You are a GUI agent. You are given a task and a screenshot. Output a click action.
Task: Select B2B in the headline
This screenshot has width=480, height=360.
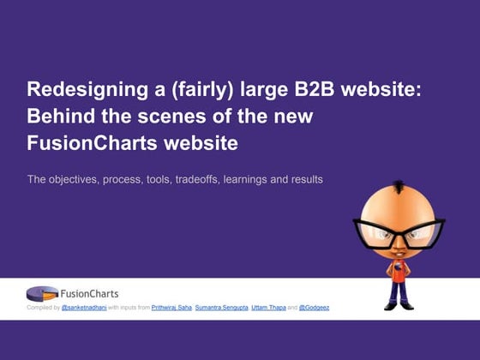tap(315, 89)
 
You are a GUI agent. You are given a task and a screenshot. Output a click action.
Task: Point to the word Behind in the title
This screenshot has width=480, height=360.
tap(61, 116)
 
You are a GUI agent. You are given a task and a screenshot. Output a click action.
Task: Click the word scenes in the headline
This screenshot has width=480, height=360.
tap(171, 117)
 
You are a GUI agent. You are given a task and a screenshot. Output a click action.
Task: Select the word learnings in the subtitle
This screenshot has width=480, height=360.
tap(245, 180)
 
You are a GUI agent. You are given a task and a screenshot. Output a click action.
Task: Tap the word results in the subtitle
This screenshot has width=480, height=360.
tap(307, 179)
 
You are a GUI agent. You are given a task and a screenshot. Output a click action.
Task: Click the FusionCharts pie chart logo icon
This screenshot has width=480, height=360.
tap(42, 293)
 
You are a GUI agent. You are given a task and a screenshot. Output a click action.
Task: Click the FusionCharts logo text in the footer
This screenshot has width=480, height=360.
tap(89, 294)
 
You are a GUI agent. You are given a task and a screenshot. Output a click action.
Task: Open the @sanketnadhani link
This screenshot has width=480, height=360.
tap(84, 308)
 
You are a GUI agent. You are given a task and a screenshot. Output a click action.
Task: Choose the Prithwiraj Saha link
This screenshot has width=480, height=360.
tap(171, 308)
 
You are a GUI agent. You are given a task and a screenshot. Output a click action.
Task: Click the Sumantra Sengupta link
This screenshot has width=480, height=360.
tap(222, 308)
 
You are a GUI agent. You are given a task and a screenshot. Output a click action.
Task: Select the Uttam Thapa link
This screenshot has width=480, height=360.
tap(269, 308)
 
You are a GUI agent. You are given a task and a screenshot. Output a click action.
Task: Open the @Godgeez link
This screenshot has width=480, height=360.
tap(314, 308)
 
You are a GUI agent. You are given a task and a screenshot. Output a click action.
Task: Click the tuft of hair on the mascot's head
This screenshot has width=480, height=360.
tap(399, 187)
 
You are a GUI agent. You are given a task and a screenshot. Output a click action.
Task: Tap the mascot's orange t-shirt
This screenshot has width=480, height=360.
tap(398, 271)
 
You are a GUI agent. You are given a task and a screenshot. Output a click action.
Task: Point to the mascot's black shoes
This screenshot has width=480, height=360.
tap(399, 306)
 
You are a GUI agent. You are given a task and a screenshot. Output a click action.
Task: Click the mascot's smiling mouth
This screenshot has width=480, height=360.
tap(398, 255)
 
